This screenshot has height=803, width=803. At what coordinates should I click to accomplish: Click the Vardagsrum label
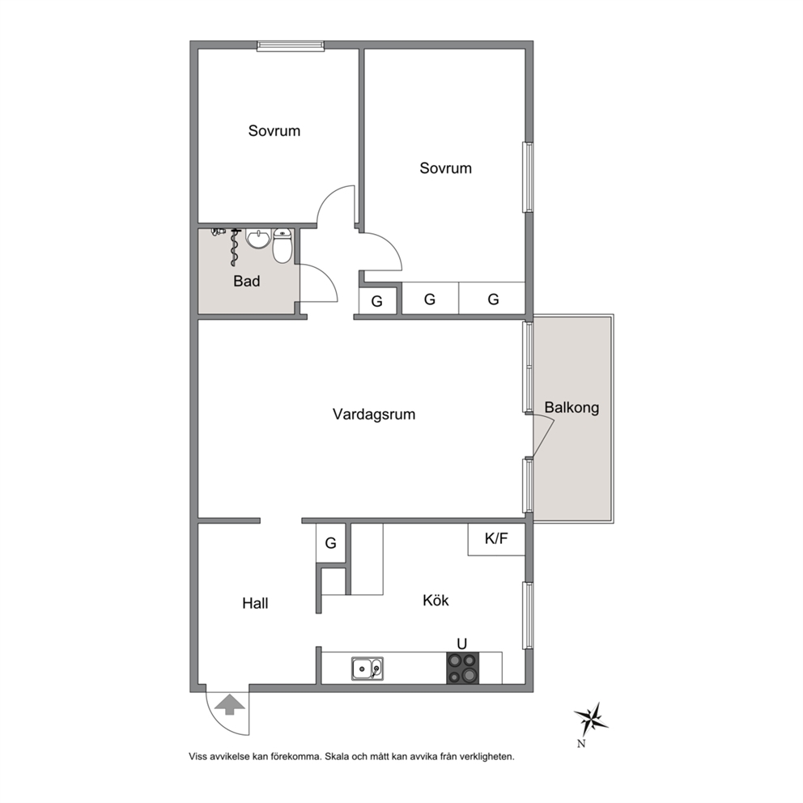coord(374,414)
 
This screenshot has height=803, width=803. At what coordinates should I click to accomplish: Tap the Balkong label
coord(571,408)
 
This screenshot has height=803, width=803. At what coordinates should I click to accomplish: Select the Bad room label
coord(246,281)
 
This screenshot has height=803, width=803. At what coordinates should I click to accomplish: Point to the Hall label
coord(255,603)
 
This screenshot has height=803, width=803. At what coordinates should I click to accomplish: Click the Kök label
coord(435,600)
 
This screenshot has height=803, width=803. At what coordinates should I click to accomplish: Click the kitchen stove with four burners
coord(462,669)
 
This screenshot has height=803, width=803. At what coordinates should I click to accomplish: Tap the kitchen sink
coord(368,669)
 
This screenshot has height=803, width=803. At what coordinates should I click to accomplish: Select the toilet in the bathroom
coord(283,245)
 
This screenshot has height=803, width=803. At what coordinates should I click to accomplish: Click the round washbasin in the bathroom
coord(257,239)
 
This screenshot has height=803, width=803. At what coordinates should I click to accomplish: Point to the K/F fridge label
coord(496,539)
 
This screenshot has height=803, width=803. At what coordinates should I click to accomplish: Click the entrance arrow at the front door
coord(230,704)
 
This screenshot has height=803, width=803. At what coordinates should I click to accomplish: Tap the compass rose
coord(591,718)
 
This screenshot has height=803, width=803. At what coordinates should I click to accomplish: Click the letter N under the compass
coord(581,744)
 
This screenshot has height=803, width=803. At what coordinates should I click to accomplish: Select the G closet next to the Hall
coord(331,543)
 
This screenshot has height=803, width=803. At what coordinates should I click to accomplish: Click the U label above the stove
coord(462,644)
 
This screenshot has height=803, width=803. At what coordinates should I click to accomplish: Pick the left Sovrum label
coord(274,131)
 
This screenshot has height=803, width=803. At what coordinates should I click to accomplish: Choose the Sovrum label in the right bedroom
coord(445,168)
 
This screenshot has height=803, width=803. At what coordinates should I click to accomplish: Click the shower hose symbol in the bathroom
coord(235,248)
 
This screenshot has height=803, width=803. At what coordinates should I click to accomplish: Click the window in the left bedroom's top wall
coord(291,46)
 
